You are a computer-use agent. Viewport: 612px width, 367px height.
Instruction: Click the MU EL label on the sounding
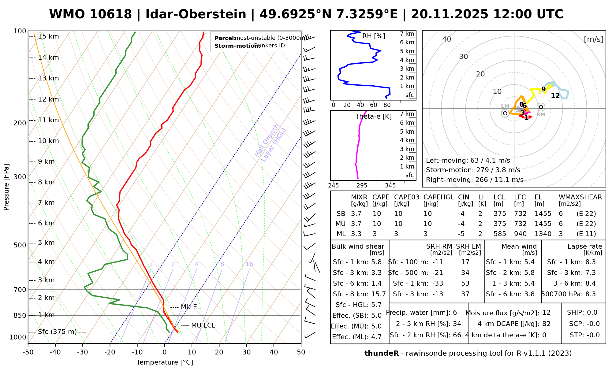tap(191, 307)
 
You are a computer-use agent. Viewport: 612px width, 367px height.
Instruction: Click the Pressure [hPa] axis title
tap(6, 187)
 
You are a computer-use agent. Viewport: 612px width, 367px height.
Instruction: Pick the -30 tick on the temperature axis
tap(82, 352)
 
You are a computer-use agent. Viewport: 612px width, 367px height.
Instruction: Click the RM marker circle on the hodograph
tap(541, 107)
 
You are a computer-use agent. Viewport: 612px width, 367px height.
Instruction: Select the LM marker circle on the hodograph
tap(505, 113)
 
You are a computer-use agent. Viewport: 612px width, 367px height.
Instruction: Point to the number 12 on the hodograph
tap(555, 96)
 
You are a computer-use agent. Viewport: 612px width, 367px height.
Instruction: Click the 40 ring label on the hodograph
tap(447, 39)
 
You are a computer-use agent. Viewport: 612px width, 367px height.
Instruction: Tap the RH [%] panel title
tap(374, 36)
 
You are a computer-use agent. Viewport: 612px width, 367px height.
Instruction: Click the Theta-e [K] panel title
tap(373, 117)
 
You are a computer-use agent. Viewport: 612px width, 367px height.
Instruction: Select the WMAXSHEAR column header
tap(580, 197)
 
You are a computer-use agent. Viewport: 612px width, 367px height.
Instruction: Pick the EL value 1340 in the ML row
tap(543, 234)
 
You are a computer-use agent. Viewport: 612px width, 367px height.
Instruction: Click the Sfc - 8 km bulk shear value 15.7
tap(379, 294)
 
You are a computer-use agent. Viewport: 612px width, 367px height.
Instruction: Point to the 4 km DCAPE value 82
tap(546, 324)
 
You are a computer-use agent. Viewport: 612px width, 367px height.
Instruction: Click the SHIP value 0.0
tap(592, 313)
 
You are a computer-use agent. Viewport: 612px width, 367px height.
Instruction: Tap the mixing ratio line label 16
tap(249, 264)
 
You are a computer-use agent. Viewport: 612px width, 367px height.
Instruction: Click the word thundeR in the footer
tap(382, 354)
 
